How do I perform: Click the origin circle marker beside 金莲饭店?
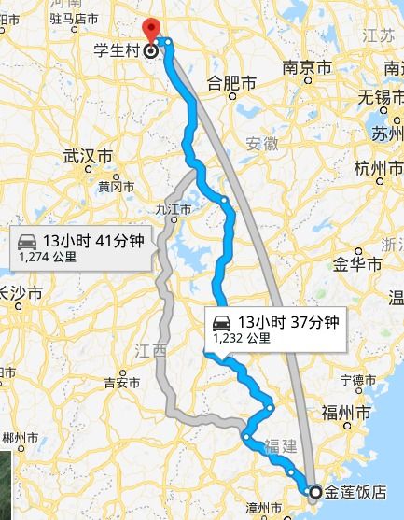pyautogui.click(x=314, y=492)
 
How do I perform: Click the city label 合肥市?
pyautogui.click(x=230, y=82)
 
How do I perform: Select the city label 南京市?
pyautogui.click(x=307, y=69)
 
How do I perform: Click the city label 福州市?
pyautogui.click(x=346, y=411)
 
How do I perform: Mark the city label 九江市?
pyautogui.click(x=174, y=210)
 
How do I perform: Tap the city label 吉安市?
pyautogui.click(x=120, y=382)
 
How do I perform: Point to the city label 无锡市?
pyautogui.click(x=383, y=96)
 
